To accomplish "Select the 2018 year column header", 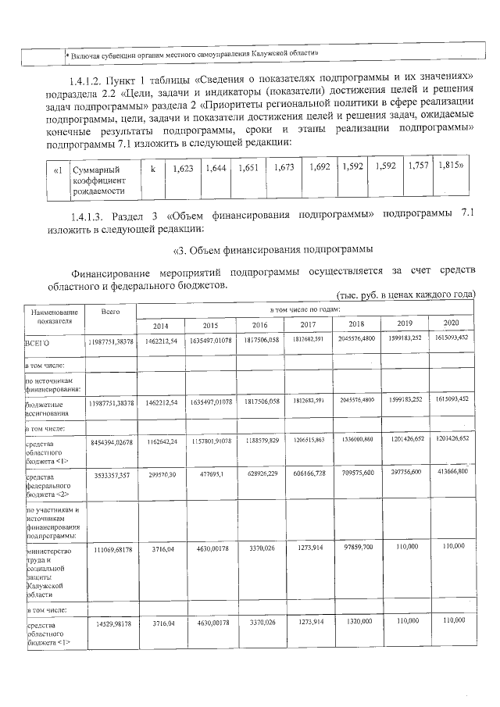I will pos(356,324).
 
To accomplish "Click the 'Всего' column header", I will pos(110,312).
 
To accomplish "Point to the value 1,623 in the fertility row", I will pos(182,168).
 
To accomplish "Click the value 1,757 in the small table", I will pos(418,166).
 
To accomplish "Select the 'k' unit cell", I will pos(153,169).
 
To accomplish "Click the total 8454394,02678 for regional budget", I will pos(110,442).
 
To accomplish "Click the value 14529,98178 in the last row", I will pos(110,623).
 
